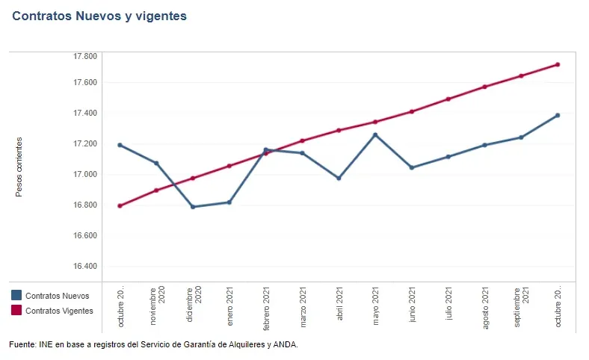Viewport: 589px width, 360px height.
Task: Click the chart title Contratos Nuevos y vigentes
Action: pos(99,16)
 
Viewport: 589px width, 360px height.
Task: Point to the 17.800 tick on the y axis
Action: pos(85,56)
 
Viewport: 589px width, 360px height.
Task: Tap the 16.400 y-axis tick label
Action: pos(85,267)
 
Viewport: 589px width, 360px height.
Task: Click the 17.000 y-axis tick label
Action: pos(85,175)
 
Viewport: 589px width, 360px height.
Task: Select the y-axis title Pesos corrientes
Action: pos(19,167)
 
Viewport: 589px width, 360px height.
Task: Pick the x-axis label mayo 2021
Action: pos(375,303)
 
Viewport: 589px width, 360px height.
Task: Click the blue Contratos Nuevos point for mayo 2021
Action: pos(375,135)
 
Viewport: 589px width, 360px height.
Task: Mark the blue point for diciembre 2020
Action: pos(193,207)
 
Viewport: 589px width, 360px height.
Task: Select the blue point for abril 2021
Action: pos(339,179)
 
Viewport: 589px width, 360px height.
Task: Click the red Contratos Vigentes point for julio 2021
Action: pos(448,99)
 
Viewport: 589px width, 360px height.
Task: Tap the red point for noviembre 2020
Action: pos(156,190)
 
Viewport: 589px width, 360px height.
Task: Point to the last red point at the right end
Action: pos(558,64)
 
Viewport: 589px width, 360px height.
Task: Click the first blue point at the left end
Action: pos(120,145)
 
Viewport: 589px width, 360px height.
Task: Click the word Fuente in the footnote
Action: pos(21,344)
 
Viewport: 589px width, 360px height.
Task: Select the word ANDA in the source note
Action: pos(285,344)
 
